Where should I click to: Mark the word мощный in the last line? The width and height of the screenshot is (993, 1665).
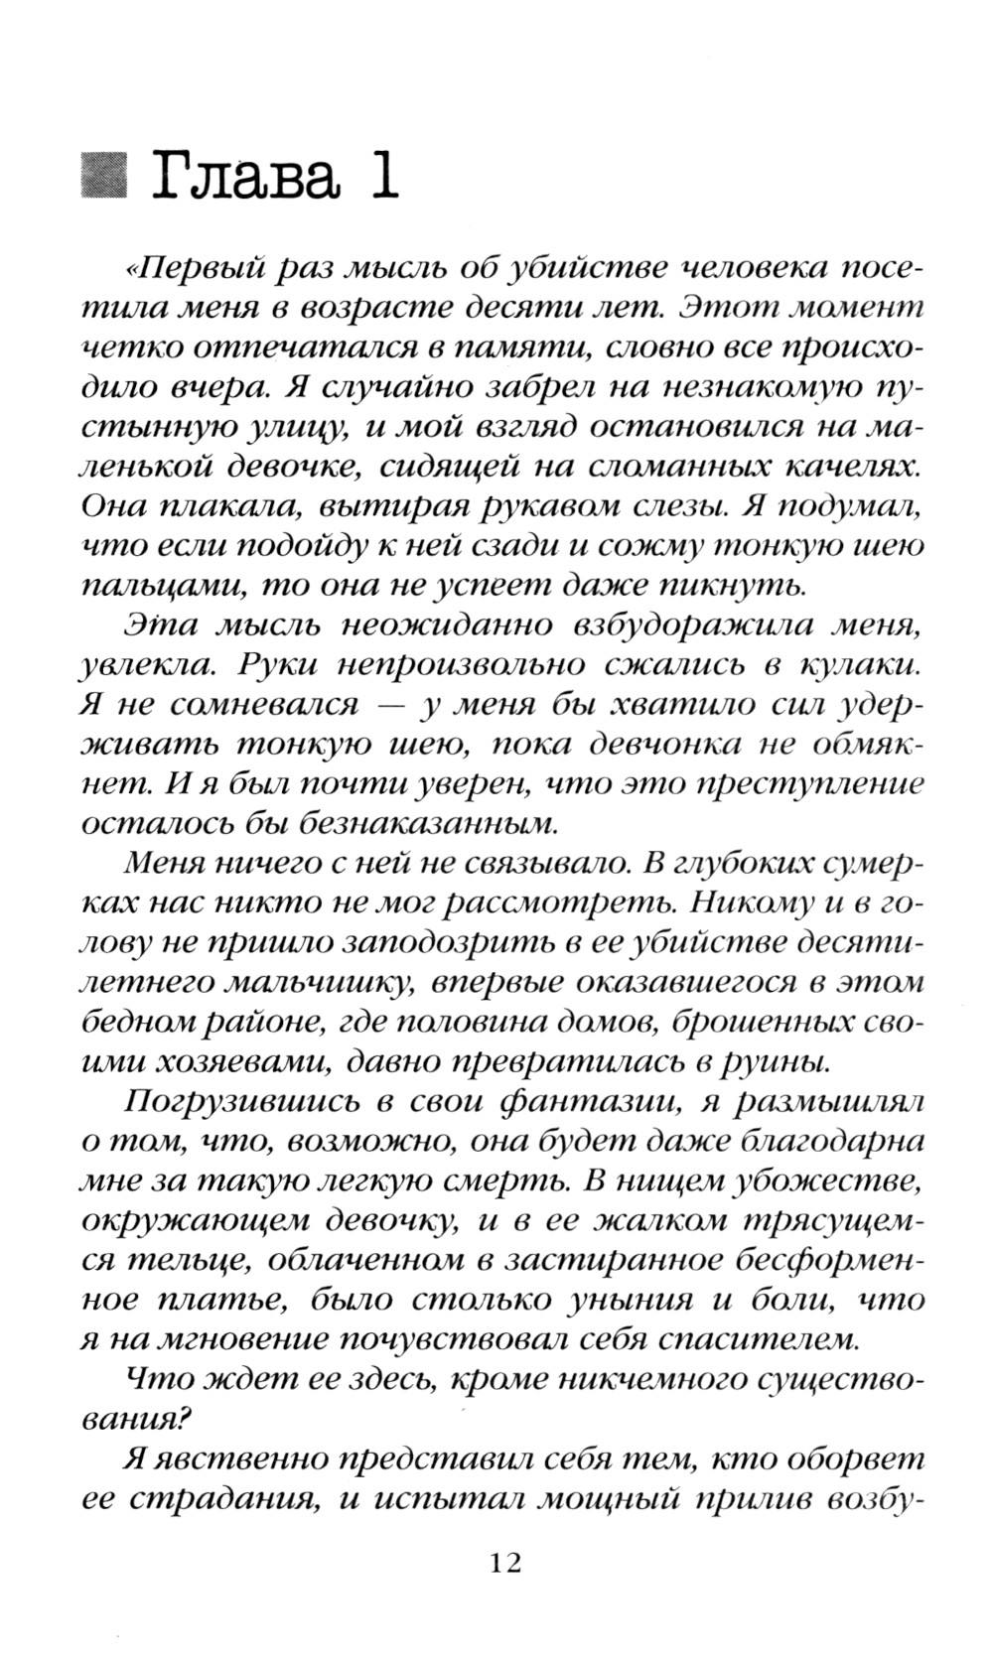pos(589,1499)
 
